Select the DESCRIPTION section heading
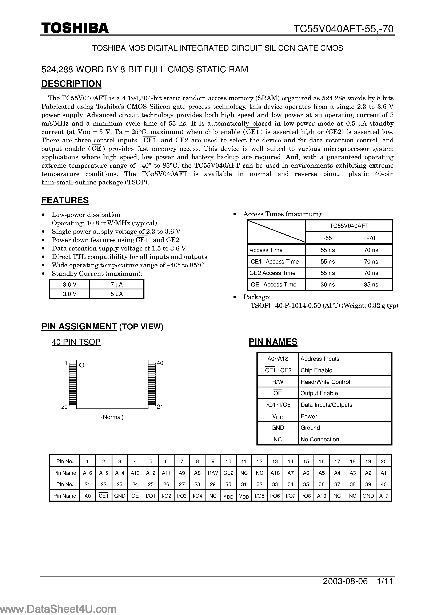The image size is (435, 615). (x=71, y=84)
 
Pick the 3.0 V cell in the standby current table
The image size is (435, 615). (x=70, y=294)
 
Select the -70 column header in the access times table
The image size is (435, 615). (x=371, y=238)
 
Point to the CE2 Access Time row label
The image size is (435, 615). (x=272, y=273)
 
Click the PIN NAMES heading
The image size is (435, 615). (x=273, y=342)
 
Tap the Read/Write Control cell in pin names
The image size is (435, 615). (x=325, y=382)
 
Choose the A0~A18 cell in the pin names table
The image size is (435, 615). (x=278, y=359)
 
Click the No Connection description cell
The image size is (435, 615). (x=320, y=439)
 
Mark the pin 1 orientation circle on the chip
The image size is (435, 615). (x=82, y=365)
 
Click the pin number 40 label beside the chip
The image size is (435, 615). (x=160, y=363)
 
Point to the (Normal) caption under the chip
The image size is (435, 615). (x=112, y=417)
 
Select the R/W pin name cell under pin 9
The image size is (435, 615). (x=213, y=473)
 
